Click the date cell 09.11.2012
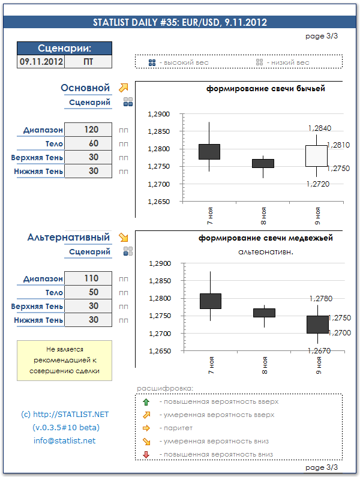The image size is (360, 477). coord(41,61)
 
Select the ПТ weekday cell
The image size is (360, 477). coord(88,61)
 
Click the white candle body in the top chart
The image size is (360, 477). coord(317,155)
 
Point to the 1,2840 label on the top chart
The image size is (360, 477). coord(319,128)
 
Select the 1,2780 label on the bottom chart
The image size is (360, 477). coord(320,298)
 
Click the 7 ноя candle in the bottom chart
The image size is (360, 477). coord(210,301)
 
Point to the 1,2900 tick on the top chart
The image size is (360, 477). coord(159,114)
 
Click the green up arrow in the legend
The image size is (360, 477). coord(146,401)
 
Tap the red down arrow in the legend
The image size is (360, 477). coord(146,455)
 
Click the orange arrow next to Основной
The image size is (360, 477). coord(124,88)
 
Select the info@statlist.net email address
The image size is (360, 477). coord(64,441)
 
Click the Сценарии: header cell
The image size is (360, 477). coord(64,48)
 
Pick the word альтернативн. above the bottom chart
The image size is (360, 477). coord(265,252)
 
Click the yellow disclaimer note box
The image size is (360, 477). coord(64,360)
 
